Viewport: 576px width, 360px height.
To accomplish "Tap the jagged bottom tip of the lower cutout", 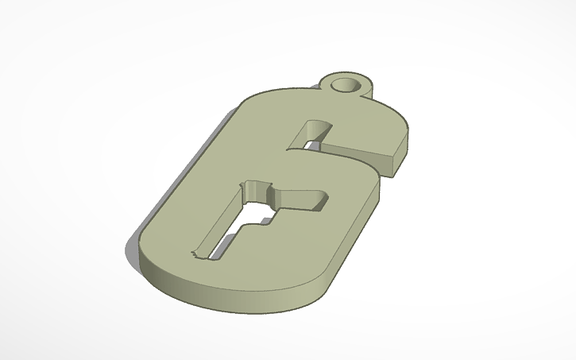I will [195, 255].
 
